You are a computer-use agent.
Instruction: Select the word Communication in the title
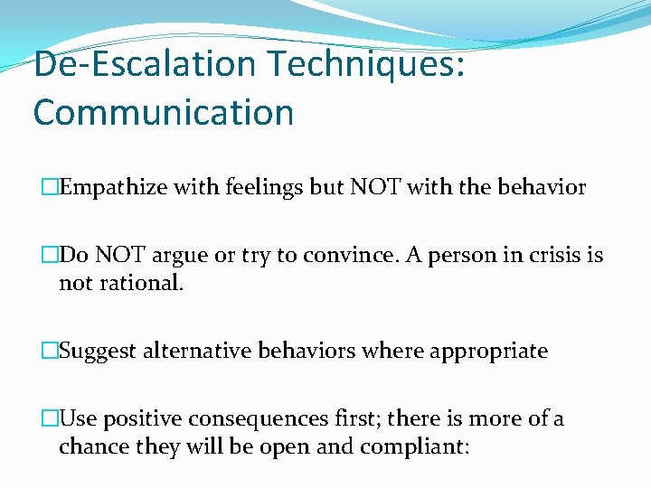pyautogui.click(x=164, y=113)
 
